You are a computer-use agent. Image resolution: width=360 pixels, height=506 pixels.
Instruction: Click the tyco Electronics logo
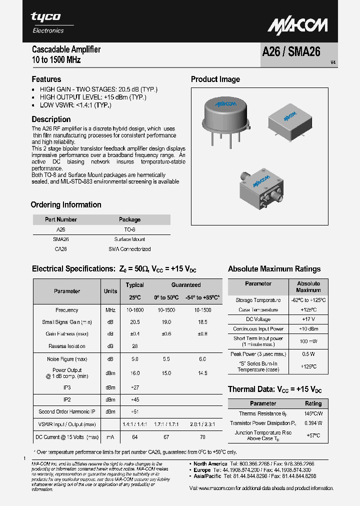pyautogui.click(x=48, y=22)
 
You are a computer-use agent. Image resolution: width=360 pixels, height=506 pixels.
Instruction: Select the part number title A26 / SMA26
pyautogui.click(x=291, y=52)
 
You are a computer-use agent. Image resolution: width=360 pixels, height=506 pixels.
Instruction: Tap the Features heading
pyautogui.click(x=46, y=79)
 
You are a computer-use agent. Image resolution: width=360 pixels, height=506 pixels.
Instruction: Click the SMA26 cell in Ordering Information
pyautogui.click(x=60, y=239)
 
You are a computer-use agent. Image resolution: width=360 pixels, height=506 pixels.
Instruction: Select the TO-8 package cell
pyautogui.click(x=129, y=229)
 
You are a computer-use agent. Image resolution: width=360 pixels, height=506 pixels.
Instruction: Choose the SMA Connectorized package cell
pyautogui.click(x=129, y=248)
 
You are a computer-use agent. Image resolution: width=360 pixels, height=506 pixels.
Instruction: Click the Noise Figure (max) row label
pyautogui.click(x=67, y=359)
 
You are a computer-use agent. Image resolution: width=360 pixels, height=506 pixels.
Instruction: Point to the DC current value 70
pyautogui.click(x=202, y=437)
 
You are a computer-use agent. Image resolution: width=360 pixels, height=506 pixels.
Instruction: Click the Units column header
pyautogui.click(x=110, y=291)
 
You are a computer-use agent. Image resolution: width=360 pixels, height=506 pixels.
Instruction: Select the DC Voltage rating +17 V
pyautogui.click(x=308, y=319)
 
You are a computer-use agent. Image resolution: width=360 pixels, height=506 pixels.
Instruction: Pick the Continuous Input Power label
pyautogui.click(x=258, y=329)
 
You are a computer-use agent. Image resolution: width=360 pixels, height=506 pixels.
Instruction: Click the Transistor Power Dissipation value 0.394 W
pyautogui.click(x=313, y=423)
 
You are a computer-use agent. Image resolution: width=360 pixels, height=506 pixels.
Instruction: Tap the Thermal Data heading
pyautogui.click(x=274, y=389)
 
